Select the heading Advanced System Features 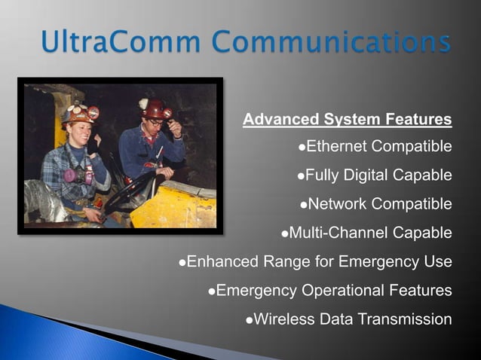point(348,119)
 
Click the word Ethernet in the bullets point(339,146)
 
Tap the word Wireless point(284,319)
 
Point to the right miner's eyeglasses point(157,123)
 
